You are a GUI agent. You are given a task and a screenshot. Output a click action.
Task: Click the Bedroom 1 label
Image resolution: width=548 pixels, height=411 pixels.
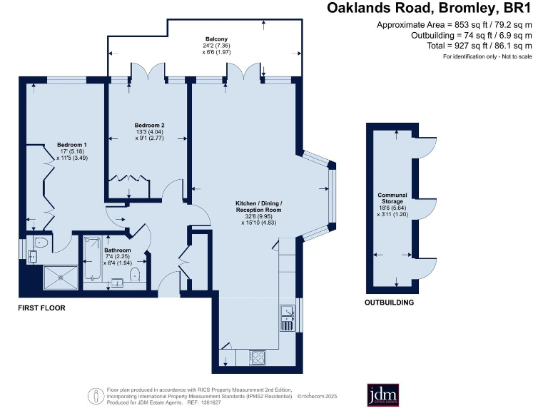[71, 145]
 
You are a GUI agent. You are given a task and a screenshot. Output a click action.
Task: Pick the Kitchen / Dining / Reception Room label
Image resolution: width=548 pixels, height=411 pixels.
[258, 206]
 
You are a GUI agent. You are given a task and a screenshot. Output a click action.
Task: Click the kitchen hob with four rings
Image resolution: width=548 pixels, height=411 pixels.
[258, 356]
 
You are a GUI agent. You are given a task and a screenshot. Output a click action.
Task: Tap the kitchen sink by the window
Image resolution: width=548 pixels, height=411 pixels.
[287, 318]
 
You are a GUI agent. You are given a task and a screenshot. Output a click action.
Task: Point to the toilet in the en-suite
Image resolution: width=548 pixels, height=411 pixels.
[41, 243]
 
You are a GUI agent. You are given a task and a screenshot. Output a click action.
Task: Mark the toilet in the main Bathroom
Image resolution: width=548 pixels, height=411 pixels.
[136, 273]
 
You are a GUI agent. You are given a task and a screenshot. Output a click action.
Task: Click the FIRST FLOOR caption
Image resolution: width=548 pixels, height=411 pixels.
[42, 308]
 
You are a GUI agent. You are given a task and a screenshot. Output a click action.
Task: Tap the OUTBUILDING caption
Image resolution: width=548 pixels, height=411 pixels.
[389, 303]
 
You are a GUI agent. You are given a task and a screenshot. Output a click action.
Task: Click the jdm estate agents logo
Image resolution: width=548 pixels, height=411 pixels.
[382, 395]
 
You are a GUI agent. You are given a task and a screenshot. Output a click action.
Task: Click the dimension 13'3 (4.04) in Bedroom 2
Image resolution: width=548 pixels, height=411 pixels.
[148, 131]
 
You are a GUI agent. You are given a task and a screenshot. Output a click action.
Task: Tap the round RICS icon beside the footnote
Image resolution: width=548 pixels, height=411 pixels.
[94, 395]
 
